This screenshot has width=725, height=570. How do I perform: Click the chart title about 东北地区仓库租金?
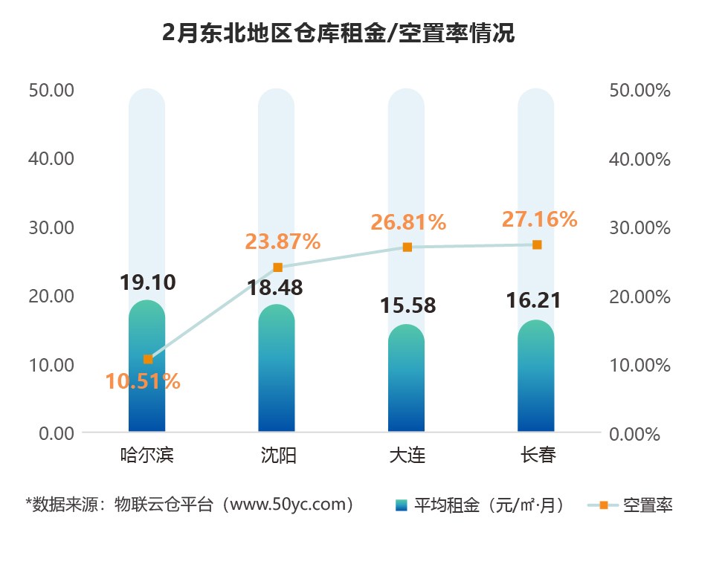pyautogui.click(x=338, y=34)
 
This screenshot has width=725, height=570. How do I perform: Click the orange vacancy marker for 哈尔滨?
pyautogui.click(x=147, y=359)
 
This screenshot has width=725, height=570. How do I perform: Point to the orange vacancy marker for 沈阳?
pyautogui.click(x=277, y=268)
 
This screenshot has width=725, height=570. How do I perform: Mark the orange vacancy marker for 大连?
pyautogui.click(x=407, y=247)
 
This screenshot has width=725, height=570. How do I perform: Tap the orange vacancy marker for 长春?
pyautogui.click(x=536, y=244)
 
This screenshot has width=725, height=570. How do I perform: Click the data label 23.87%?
pyautogui.click(x=282, y=241)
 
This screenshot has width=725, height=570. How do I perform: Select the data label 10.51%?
pyautogui.click(x=142, y=381)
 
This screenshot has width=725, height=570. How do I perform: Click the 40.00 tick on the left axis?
pyautogui.click(x=51, y=159)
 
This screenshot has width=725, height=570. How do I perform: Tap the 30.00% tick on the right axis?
pyautogui.click(x=639, y=227)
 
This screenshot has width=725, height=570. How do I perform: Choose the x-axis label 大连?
pyautogui.click(x=407, y=455)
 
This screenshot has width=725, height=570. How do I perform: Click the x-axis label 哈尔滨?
pyautogui.click(x=146, y=455)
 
